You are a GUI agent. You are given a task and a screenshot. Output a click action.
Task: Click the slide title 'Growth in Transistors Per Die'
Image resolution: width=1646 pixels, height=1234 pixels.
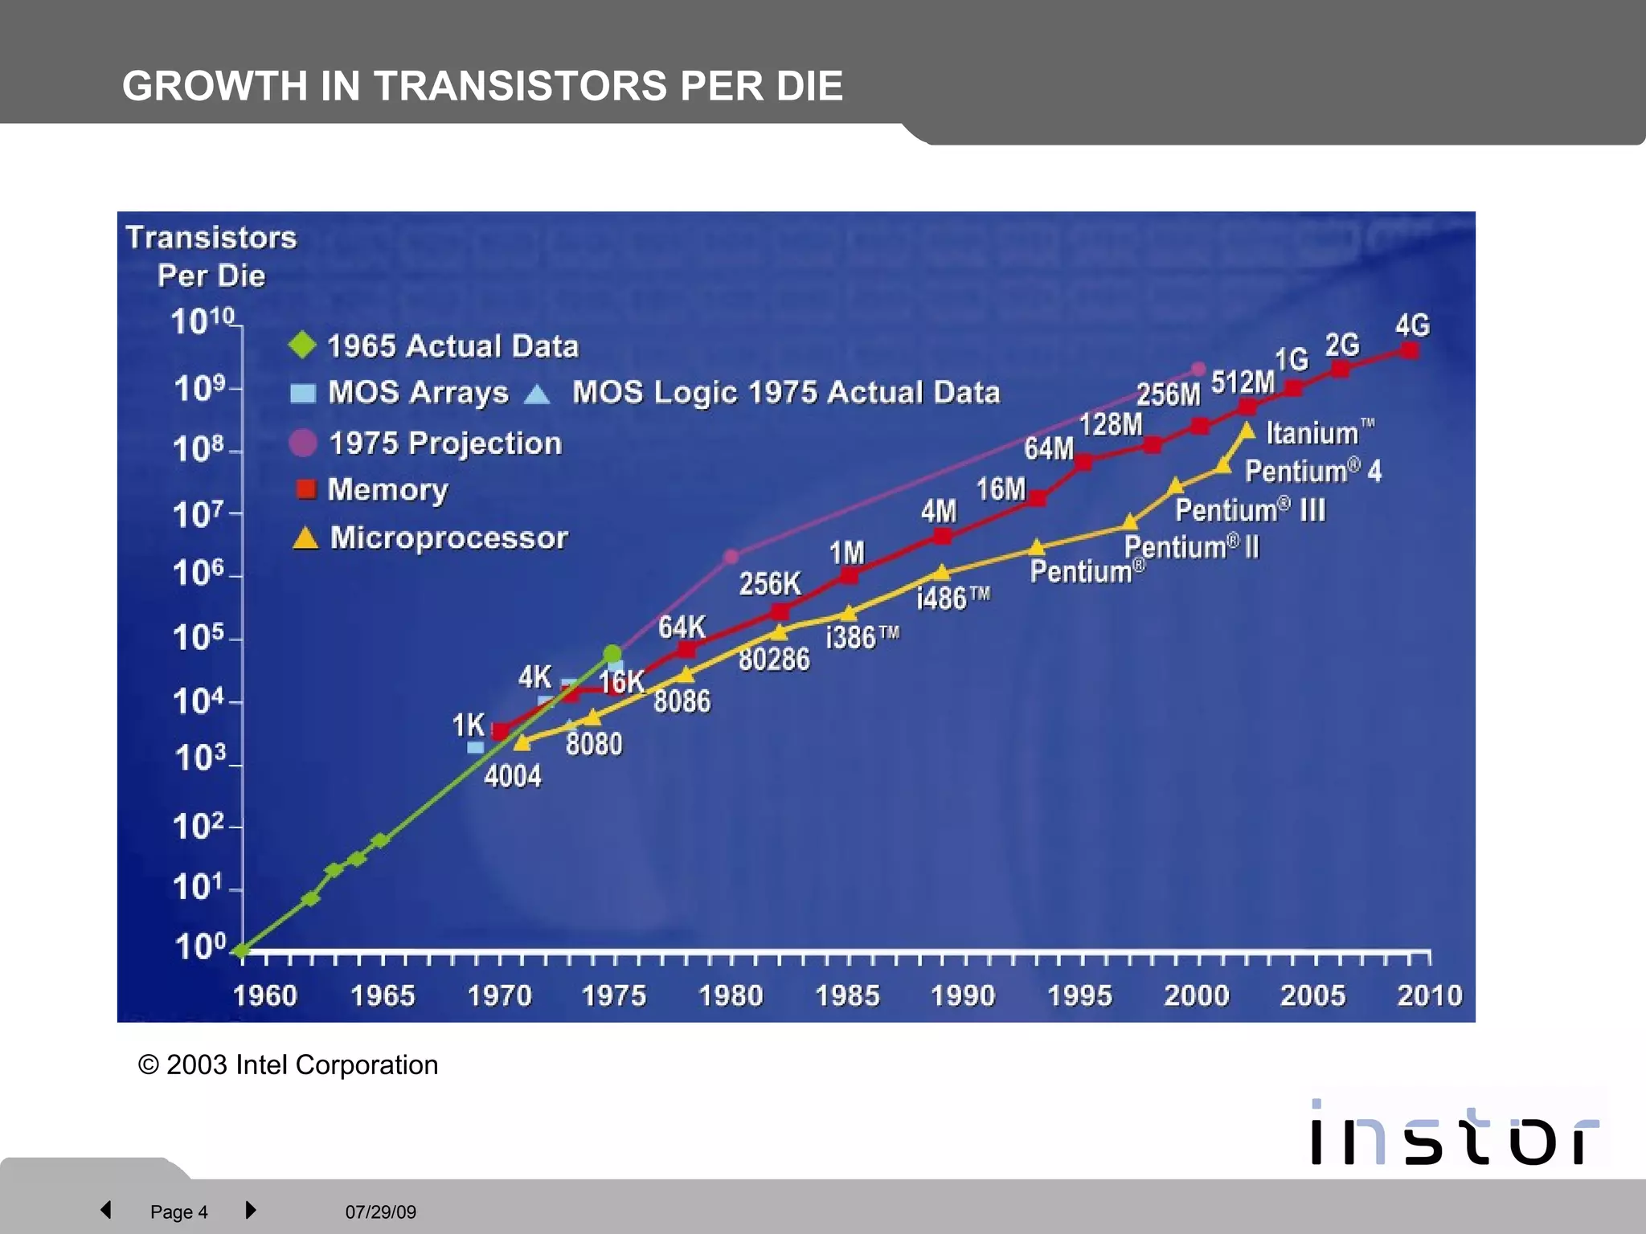(x=482, y=85)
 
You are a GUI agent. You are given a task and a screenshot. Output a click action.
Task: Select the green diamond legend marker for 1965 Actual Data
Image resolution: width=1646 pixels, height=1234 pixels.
(x=303, y=345)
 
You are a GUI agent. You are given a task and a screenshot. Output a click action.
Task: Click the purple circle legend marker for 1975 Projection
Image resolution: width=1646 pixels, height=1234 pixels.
(x=303, y=443)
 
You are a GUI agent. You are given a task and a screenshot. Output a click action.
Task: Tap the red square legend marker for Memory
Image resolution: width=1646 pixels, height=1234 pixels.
(x=306, y=488)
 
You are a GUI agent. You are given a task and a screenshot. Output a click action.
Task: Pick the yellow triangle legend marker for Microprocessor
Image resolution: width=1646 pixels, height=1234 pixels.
(x=305, y=537)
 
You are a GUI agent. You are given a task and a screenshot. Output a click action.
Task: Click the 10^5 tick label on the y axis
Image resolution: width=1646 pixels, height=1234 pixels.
(x=198, y=637)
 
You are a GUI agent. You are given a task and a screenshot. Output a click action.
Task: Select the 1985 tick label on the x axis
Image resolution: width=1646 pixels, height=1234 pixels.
(x=847, y=995)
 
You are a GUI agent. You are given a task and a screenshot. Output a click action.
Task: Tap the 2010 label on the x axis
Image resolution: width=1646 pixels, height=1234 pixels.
(x=1429, y=995)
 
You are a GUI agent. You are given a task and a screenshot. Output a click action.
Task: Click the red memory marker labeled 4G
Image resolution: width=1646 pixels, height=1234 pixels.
(x=1409, y=350)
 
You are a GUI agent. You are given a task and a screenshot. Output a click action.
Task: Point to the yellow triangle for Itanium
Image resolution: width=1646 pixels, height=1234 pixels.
(x=1247, y=431)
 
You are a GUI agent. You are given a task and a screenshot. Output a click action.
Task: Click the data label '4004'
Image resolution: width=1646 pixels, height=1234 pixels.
(x=513, y=776)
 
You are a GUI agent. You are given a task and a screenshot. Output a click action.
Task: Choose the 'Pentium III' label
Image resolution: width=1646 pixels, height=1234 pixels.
(x=1250, y=509)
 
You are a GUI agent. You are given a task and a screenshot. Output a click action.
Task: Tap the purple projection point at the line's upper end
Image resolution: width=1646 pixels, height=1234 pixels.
(x=1198, y=369)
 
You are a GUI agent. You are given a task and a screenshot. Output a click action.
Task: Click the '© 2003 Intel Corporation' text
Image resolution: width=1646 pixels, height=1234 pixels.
(x=289, y=1064)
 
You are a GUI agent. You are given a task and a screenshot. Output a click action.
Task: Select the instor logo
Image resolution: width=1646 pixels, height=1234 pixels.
(x=1455, y=1133)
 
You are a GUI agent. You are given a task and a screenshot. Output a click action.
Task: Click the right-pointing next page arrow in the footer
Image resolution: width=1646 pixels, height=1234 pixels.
(x=250, y=1210)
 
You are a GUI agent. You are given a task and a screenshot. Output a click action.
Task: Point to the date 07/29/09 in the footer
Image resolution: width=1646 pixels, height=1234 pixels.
(x=381, y=1212)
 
